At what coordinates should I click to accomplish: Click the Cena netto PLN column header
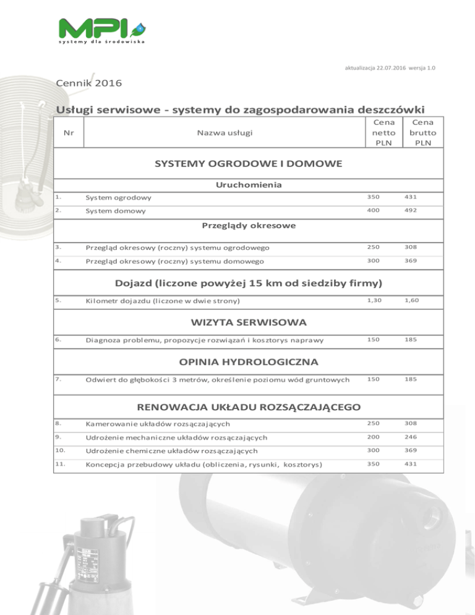[x=381, y=132]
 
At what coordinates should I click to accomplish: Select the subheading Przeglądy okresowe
[x=249, y=225]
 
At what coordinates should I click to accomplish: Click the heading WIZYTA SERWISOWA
[x=247, y=322]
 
